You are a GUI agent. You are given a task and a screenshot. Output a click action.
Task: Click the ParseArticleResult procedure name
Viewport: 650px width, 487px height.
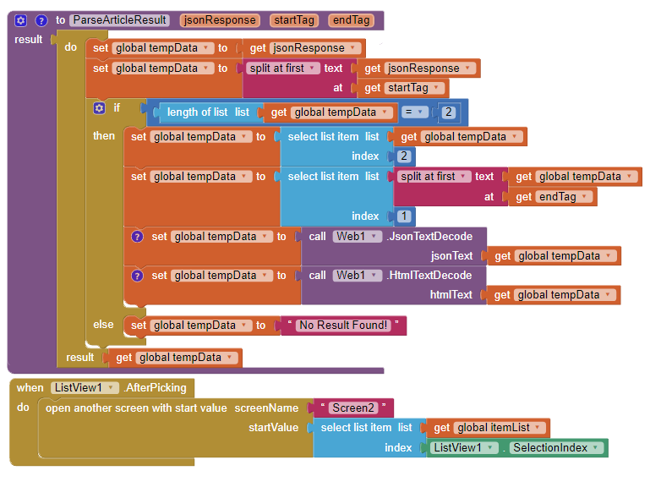pyautogui.click(x=118, y=20)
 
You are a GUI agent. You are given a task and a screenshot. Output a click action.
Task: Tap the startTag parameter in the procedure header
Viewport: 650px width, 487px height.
pyautogui.click(x=295, y=20)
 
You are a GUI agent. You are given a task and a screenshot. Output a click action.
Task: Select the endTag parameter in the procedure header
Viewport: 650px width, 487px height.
pyautogui.click(x=351, y=20)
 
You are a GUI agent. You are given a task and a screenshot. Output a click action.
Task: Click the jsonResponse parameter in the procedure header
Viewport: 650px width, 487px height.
pyautogui.click(x=219, y=20)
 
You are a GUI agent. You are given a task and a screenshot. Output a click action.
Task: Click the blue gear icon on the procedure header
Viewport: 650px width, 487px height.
pyautogui.click(x=21, y=20)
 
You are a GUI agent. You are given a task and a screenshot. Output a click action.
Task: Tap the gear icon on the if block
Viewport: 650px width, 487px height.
pyautogui.click(x=99, y=108)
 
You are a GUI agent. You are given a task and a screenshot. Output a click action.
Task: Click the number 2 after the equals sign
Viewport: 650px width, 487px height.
pyautogui.click(x=448, y=112)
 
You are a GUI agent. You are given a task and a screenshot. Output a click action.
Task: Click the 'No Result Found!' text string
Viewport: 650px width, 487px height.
pyautogui.click(x=343, y=326)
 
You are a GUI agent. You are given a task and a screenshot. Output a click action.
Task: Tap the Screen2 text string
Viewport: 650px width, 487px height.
pyautogui.click(x=352, y=408)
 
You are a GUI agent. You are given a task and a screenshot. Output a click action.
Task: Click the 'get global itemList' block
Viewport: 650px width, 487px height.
pyautogui.click(x=490, y=428)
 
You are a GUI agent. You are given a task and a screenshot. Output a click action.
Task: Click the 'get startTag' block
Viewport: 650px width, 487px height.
pyautogui.click(x=402, y=88)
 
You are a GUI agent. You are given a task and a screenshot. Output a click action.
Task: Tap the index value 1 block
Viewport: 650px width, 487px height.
pyautogui.click(x=404, y=216)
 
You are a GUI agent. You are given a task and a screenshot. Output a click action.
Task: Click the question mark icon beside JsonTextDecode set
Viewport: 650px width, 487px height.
pyautogui.click(x=138, y=237)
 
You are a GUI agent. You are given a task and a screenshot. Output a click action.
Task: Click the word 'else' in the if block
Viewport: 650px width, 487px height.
pyautogui.click(x=103, y=325)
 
